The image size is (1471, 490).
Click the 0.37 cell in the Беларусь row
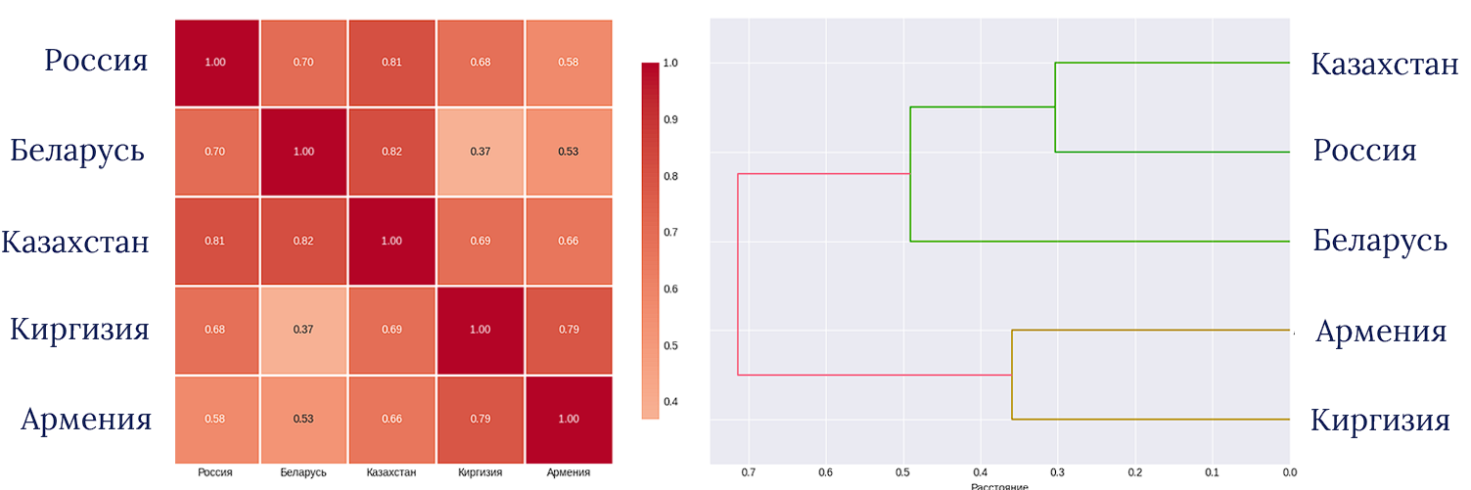480,152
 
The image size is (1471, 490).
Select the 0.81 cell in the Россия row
391,63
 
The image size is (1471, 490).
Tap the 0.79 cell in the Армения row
480,419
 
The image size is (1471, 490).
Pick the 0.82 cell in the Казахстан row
302,241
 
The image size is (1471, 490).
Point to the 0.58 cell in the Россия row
568,63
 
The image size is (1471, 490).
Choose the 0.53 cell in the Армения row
302,419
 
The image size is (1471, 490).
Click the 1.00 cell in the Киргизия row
480,330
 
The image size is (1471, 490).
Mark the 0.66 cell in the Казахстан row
568,241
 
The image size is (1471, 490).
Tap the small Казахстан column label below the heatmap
391,472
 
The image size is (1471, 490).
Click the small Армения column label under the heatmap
568,472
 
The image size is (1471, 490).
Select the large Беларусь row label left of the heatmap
77,152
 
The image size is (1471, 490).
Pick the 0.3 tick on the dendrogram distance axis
1057,472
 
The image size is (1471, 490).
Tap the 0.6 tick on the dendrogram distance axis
825,472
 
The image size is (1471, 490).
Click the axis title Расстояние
999,485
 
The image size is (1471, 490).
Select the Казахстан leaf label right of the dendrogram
1384,66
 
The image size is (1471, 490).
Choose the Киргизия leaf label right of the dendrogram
1380,422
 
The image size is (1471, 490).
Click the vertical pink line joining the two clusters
738,274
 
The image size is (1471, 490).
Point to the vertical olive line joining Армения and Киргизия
1012,375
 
